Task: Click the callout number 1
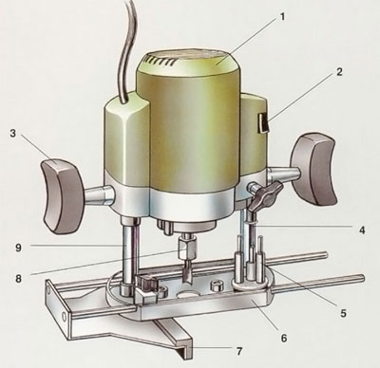282,16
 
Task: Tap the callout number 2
339,72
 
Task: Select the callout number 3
12,133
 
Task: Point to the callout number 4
362,230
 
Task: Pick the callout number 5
343,313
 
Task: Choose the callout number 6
284,339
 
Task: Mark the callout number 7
239,351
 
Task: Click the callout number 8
18,279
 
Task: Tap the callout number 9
18,248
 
